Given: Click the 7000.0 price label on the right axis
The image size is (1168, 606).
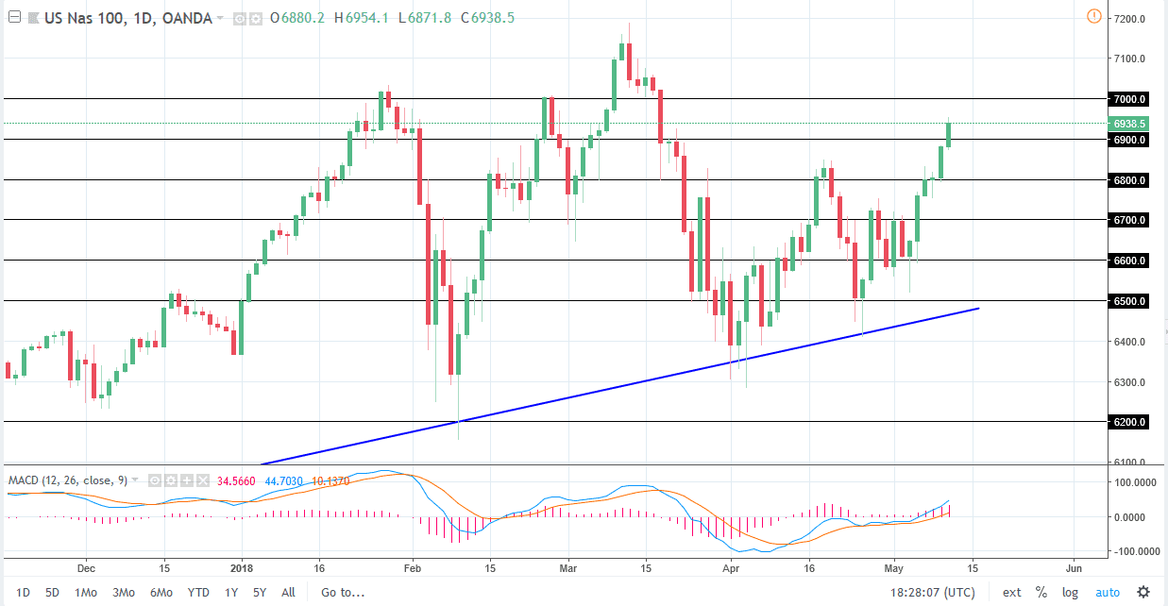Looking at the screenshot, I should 1129,99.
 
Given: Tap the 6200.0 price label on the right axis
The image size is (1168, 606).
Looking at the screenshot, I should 1129,423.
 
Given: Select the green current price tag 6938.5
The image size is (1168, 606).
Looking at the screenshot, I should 1129,124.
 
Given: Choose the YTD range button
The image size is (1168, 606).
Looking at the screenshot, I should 198,592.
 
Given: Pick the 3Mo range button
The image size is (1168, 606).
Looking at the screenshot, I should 124,592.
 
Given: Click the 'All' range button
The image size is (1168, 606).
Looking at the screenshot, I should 288,592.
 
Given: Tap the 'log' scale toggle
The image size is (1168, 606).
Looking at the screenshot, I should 1070,592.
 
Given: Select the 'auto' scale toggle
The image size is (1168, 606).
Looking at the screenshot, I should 1107,592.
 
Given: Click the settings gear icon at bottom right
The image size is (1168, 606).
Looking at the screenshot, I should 1143,592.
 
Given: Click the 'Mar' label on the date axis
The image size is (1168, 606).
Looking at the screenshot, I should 567,568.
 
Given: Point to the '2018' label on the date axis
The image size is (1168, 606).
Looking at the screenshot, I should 243,568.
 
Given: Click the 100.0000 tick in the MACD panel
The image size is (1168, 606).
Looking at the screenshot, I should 1132,482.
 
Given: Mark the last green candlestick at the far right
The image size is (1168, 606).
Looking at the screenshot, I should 948,133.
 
